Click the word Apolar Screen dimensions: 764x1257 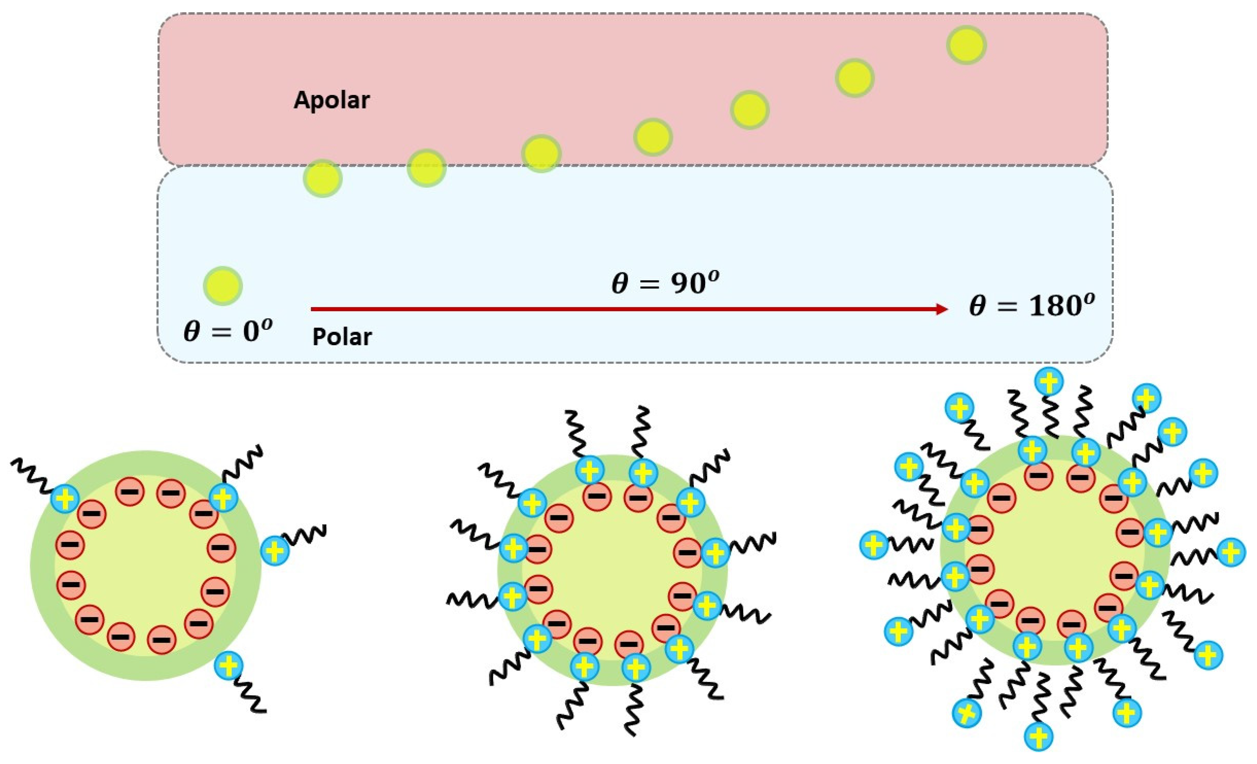(332, 100)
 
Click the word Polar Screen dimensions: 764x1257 (342, 337)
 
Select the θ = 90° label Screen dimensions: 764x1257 (665, 283)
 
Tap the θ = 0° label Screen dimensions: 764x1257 (227, 332)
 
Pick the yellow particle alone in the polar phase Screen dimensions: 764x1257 (223, 286)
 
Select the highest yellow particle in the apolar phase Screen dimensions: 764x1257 (967, 45)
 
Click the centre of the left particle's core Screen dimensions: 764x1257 (146, 565)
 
